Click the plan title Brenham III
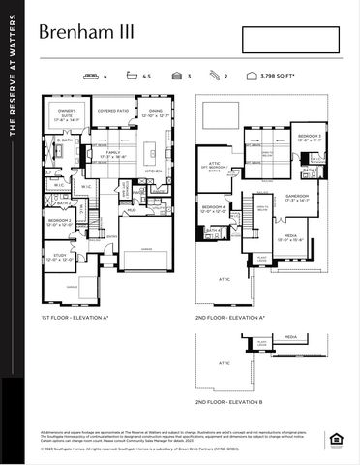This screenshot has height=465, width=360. point(86,32)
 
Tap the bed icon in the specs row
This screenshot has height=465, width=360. point(92,75)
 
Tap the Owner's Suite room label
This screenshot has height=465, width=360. point(67,116)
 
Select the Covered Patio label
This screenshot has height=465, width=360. point(113,111)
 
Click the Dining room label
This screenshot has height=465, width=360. point(155,114)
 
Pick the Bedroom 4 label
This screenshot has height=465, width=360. point(214,207)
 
